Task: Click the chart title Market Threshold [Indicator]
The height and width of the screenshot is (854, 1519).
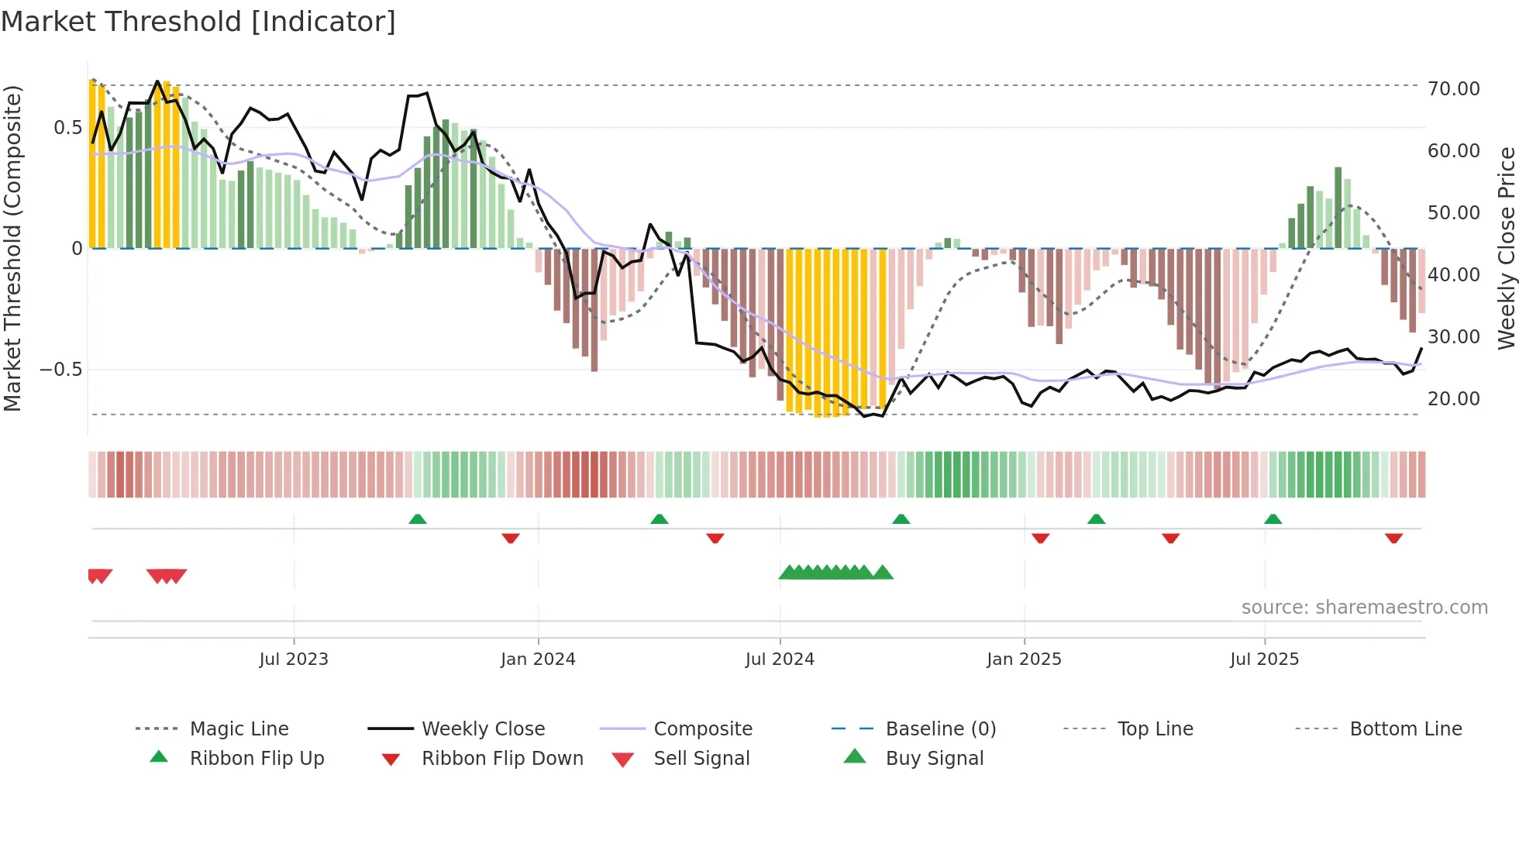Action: point(198,22)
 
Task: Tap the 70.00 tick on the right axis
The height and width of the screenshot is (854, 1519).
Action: point(1453,88)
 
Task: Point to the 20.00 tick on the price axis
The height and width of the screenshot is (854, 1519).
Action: point(1453,398)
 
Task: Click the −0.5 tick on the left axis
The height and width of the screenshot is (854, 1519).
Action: point(61,370)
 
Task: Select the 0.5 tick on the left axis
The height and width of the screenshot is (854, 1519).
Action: point(67,127)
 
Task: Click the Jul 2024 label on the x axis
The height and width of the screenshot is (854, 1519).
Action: point(780,659)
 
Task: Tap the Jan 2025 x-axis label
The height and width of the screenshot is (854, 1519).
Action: point(1024,659)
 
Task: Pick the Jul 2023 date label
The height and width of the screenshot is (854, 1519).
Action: point(294,659)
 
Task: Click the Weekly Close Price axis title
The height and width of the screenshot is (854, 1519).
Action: point(1506,248)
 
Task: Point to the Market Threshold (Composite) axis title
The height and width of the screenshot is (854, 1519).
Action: point(12,248)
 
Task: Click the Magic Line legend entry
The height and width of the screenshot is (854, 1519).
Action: point(239,728)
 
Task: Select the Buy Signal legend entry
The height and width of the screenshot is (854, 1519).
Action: point(934,758)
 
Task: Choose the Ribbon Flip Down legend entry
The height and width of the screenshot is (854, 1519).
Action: point(502,758)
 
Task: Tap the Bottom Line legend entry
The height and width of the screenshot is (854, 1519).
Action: point(1405,728)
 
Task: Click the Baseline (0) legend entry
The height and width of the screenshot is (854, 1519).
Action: point(940,728)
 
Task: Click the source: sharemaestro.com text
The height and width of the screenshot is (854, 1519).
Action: point(1364,607)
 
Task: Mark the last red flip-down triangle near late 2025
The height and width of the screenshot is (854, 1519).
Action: point(1393,538)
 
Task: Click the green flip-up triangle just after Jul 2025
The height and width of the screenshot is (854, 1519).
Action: point(1273,519)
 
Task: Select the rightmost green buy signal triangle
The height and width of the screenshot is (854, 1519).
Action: point(883,573)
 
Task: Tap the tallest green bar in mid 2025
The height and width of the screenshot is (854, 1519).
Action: point(1338,208)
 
